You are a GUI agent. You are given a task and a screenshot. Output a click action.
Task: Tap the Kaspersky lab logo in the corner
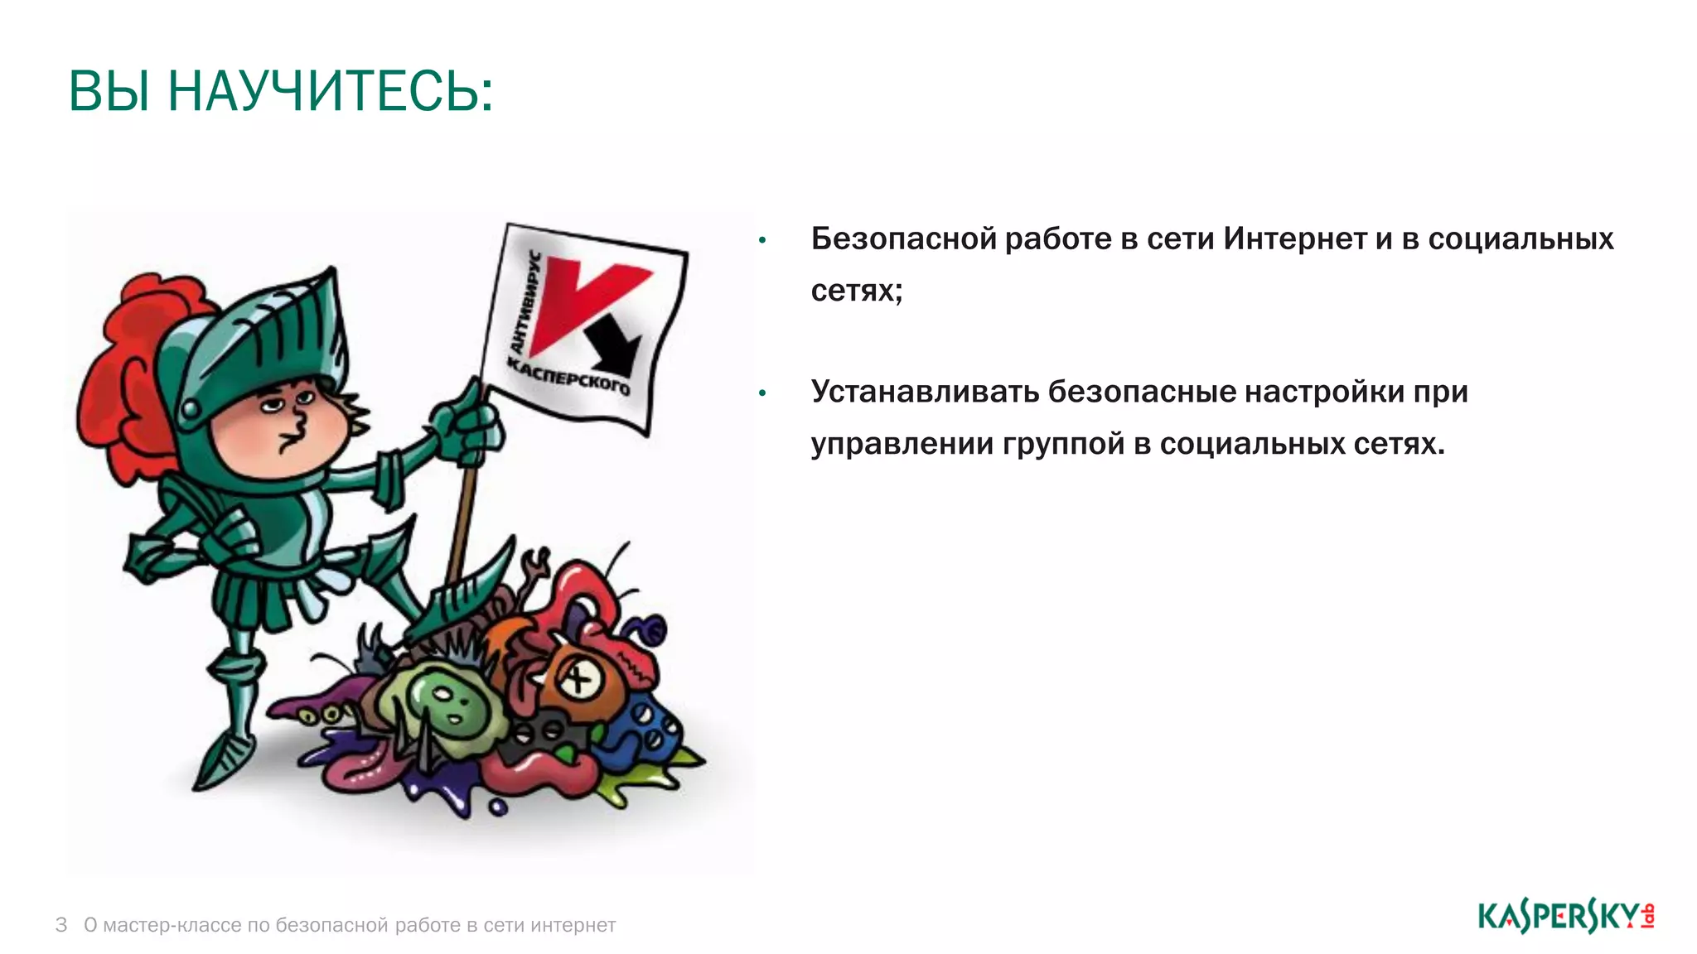pyautogui.click(x=1565, y=917)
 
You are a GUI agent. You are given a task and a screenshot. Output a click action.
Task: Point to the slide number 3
pyautogui.click(x=61, y=925)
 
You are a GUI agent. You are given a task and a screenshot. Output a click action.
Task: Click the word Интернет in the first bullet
pyautogui.click(x=1295, y=238)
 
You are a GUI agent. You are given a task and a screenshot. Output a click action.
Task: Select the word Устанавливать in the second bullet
pyautogui.click(x=924, y=392)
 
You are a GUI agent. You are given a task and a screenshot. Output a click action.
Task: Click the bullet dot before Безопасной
pyautogui.click(x=762, y=241)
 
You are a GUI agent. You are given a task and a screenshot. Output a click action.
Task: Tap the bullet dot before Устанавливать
pyautogui.click(x=762, y=393)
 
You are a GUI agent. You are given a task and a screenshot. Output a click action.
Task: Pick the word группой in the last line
pyautogui.click(x=1063, y=445)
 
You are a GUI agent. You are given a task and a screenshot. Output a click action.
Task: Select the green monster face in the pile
pyautogui.click(x=447, y=700)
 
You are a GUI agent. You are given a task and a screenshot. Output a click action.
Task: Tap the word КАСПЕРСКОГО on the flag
pyautogui.click(x=568, y=377)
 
